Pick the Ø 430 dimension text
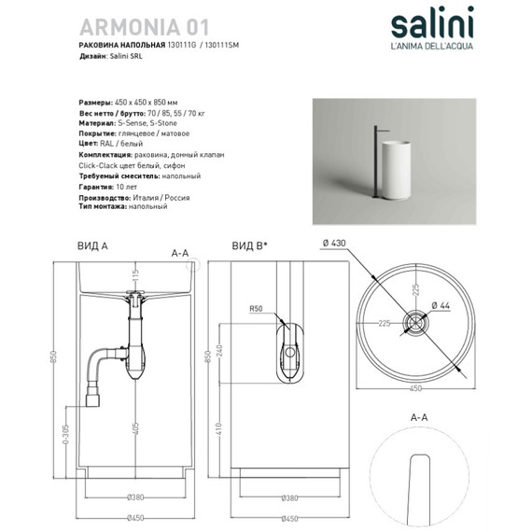click(x=334, y=245)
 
